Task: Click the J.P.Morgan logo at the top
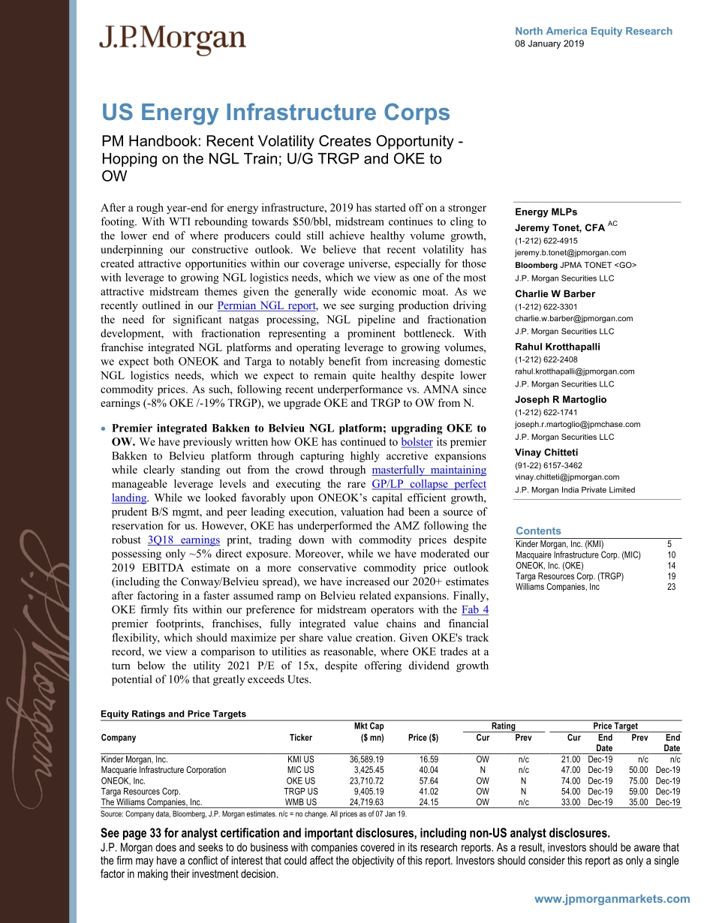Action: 173,39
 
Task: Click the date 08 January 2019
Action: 549,44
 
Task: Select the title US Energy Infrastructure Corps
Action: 275,113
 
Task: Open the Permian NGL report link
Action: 257,305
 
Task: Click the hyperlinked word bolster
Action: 417,442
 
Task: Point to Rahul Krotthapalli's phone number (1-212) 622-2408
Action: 546,359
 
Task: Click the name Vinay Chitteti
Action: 546,452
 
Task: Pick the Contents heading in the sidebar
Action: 538,531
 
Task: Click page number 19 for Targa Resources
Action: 671,576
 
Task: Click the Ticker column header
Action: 301,738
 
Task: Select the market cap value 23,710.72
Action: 363,780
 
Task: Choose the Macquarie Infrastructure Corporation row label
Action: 163,770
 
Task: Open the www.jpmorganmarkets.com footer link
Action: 612,899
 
